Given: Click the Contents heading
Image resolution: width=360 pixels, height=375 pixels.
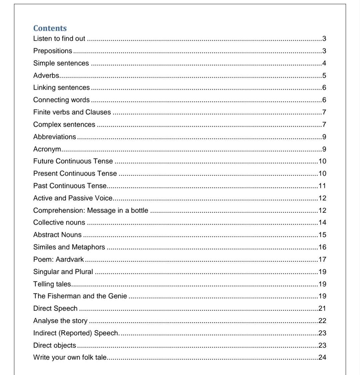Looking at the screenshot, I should point(50,28).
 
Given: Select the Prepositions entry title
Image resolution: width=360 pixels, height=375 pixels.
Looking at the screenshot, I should point(53,51).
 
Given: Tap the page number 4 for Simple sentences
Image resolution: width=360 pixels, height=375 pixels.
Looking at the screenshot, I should point(324,63).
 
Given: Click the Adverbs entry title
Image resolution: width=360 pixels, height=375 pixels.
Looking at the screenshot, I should point(46,76).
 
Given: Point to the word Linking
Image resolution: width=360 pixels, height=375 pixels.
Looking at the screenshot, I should point(44,88).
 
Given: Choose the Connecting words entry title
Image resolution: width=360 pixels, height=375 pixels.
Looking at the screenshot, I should point(61,100).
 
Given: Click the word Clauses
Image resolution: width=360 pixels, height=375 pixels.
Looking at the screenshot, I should point(98,112).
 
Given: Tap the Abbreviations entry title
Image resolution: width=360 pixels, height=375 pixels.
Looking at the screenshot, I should point(54,137).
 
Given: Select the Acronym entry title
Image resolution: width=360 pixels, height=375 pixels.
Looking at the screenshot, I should point(47,149).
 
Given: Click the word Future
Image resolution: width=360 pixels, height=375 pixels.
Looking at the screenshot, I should point(43,161).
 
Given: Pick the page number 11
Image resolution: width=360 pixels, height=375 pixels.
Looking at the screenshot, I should point(322,186).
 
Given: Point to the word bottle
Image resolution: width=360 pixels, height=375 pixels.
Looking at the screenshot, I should point(139,210).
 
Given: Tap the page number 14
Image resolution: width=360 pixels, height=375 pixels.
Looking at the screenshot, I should point(322,222).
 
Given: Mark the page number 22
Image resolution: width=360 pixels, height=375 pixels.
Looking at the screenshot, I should point(322,321).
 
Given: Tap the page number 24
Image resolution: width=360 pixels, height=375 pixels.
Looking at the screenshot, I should point(322,357).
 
